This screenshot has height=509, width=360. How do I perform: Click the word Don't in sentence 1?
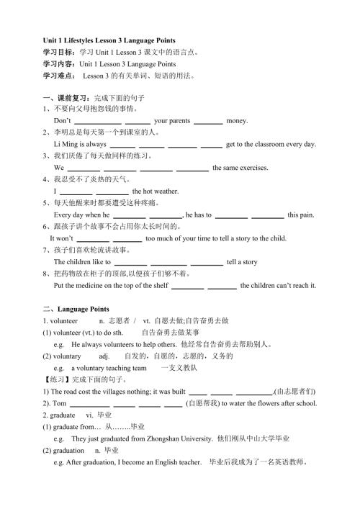coord(63,121)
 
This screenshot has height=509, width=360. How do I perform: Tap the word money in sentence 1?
coord(238,121)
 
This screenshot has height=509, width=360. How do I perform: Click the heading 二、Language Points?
coord(76,309)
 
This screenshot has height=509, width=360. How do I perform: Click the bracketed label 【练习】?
coord(58,379)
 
